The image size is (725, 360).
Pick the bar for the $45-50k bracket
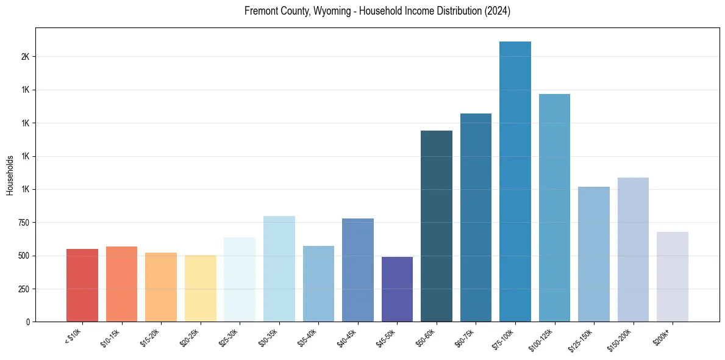(397, 289)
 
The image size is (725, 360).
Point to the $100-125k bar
(554, 207)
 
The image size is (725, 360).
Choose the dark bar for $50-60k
(437, 226)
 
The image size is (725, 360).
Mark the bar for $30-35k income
(279, 268)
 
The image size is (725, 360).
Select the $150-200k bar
(633, 250)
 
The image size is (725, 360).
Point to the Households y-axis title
(10, 175)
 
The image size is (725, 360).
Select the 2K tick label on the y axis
(25, 57)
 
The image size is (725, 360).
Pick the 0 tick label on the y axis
(28, 322)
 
